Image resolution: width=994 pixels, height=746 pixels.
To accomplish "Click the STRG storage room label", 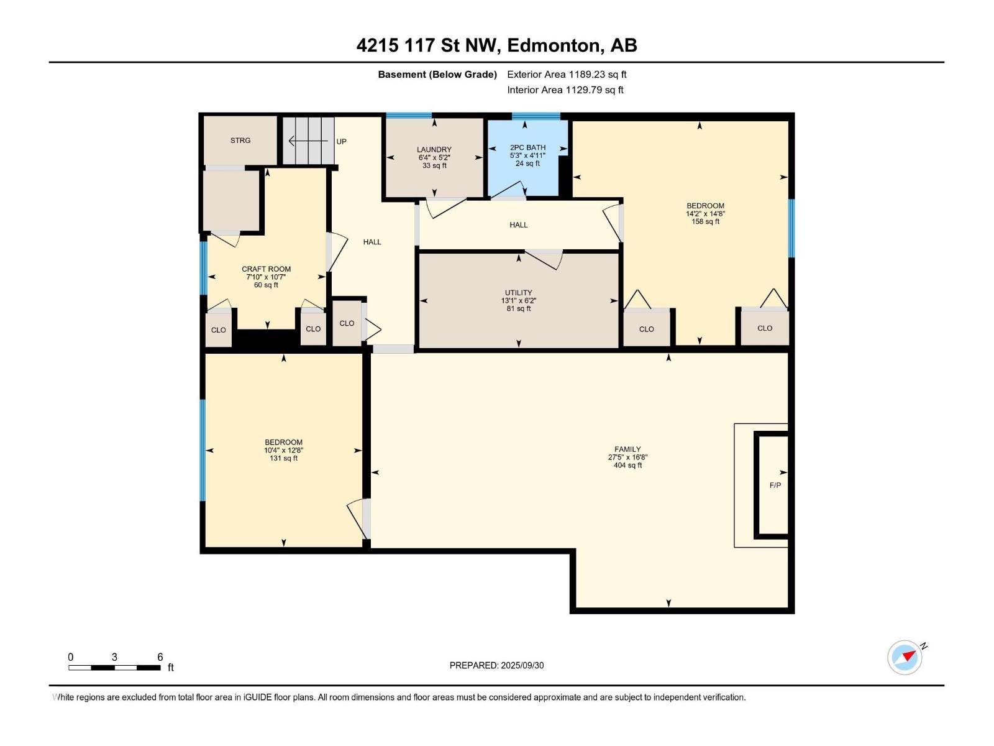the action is click(240, 140).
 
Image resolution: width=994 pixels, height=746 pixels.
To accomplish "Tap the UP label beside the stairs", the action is click(341, 141).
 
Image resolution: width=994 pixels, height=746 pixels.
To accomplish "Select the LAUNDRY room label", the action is click(434, 149).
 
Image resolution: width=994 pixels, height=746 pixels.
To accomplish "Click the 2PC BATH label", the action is click(527, 148).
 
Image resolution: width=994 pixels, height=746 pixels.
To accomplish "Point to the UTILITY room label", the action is click(519, 293).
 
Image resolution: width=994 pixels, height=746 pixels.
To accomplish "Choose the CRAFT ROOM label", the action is click(266, 269).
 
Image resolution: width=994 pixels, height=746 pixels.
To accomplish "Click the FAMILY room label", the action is click(627, 449).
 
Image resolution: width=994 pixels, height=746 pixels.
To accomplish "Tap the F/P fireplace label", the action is click(775, 485).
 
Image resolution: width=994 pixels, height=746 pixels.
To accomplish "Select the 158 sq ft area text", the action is click(705, 221).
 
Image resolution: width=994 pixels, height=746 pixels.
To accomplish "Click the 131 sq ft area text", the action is click(283, 458).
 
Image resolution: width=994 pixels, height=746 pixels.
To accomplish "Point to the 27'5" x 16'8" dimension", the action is click(627, 457).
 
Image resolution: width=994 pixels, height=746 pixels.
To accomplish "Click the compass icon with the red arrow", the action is click(905, 657).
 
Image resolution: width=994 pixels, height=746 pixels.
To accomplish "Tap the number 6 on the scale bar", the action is click(160, 656).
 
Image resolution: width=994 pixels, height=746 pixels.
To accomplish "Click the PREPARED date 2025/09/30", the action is click(522, 665).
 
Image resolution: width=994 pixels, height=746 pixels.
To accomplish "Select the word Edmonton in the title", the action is click(555, 46).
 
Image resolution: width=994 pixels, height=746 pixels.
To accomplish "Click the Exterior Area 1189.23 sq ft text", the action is click(567, 74).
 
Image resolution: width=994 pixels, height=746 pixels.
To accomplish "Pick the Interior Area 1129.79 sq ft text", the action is click(565, 90).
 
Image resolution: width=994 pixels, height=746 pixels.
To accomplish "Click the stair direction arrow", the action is click(308, 141).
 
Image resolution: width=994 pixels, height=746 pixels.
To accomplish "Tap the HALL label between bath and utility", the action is click(518, 224).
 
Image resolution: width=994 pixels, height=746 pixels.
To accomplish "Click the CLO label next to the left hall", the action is click(347, 323).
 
